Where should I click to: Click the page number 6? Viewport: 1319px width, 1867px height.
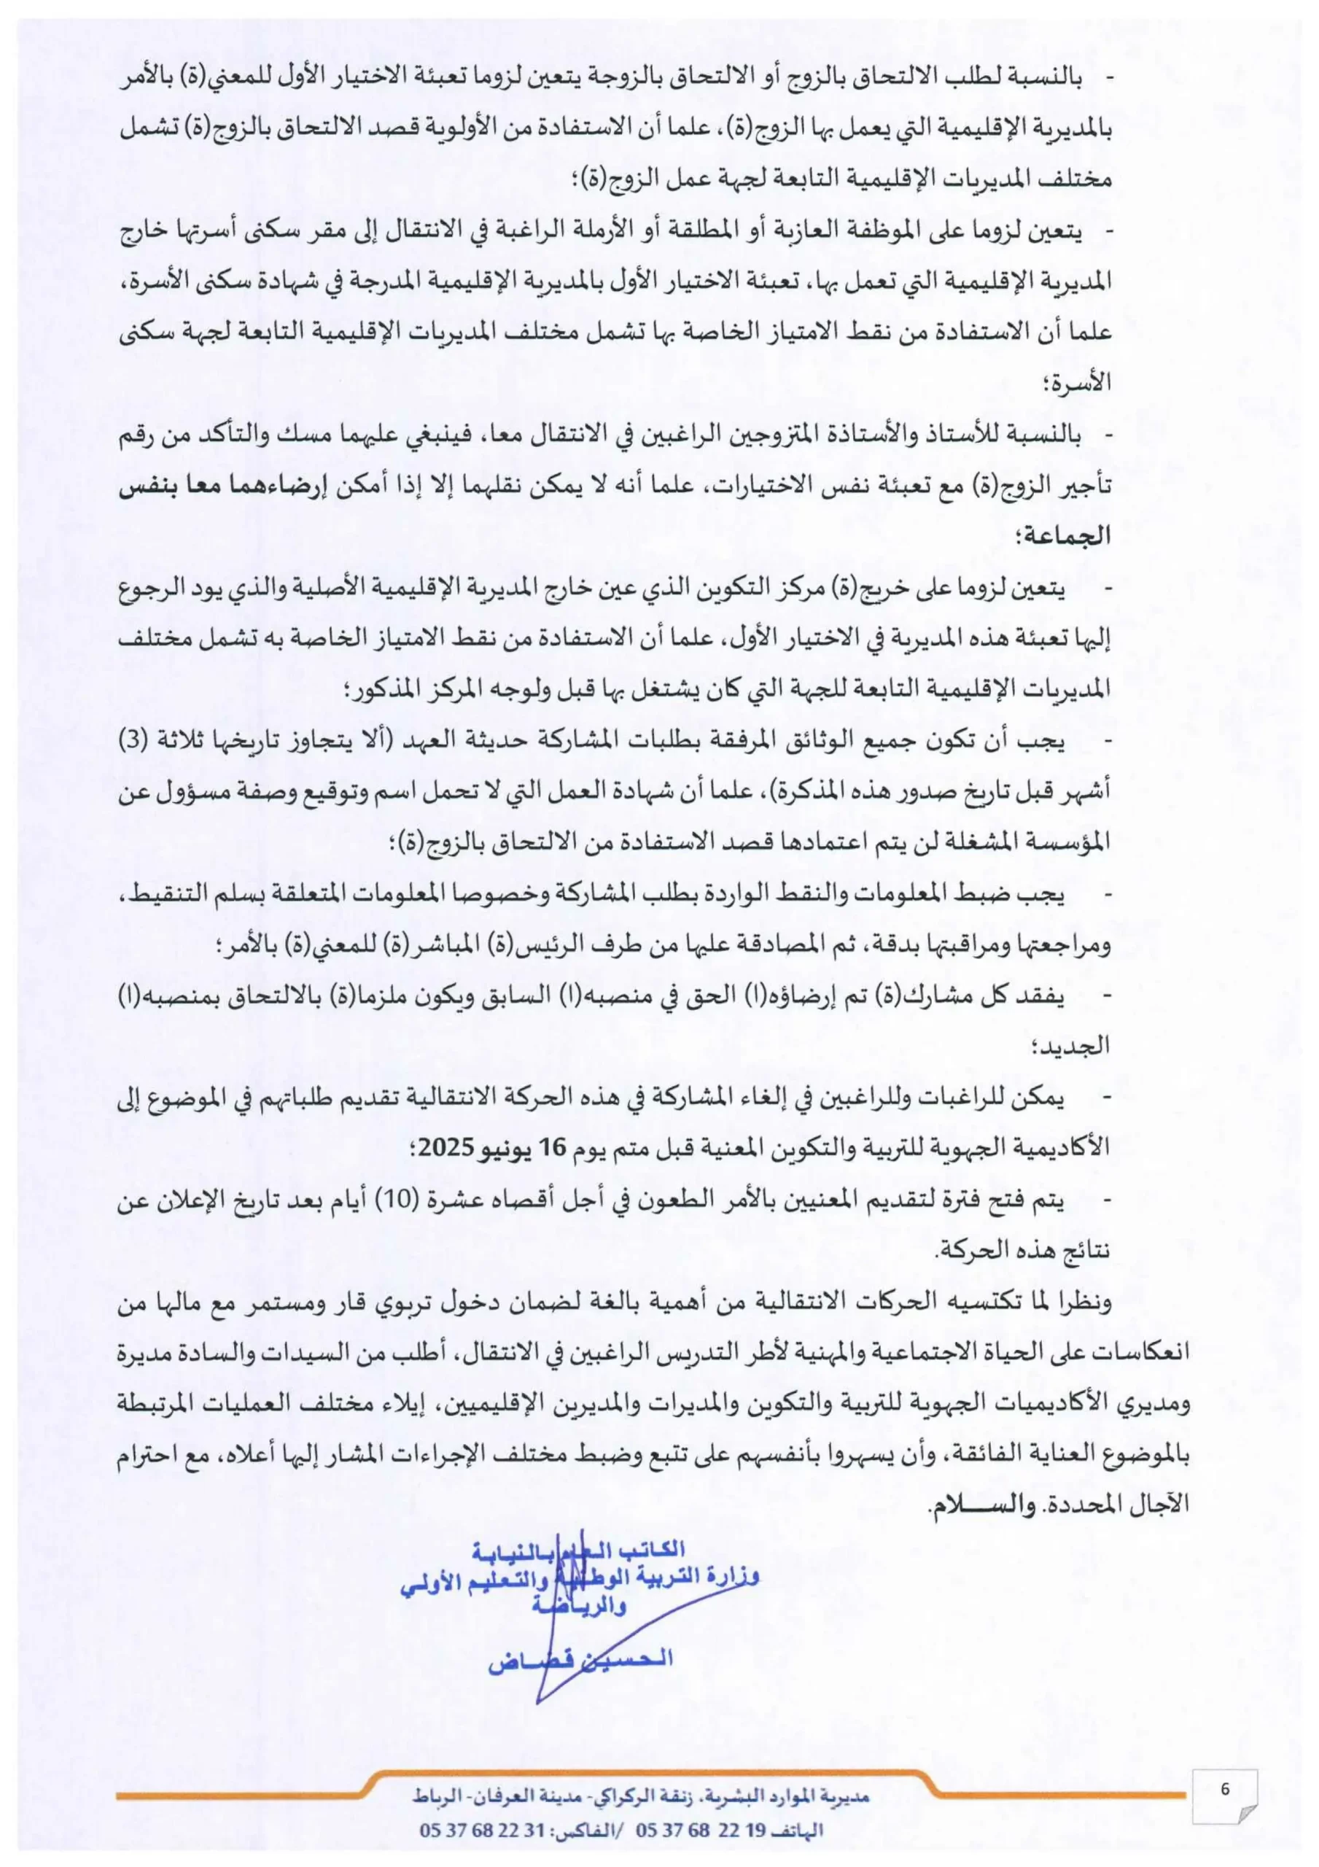(1225, 1789)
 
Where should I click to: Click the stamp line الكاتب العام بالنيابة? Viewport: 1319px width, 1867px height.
(579, 1549)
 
